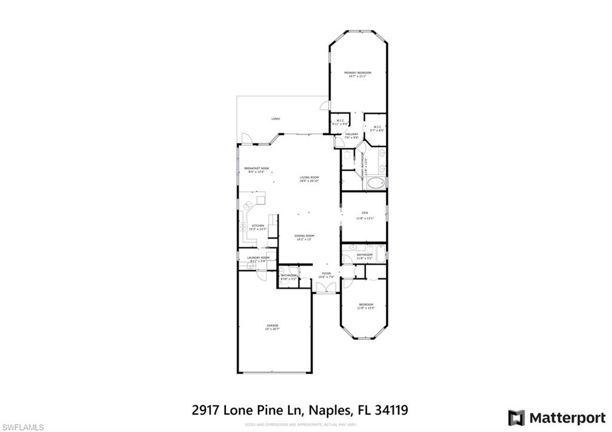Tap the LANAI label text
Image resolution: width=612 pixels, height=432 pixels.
pos(276,119)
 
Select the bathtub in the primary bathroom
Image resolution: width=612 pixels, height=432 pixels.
pos(375,183)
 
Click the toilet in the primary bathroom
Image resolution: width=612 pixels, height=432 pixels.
pos(347,156)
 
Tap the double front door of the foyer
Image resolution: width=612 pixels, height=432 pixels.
pos(326,287)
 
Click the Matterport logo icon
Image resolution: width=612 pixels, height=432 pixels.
pos(516,417)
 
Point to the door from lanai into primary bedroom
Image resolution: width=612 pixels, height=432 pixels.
pos(324,106)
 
